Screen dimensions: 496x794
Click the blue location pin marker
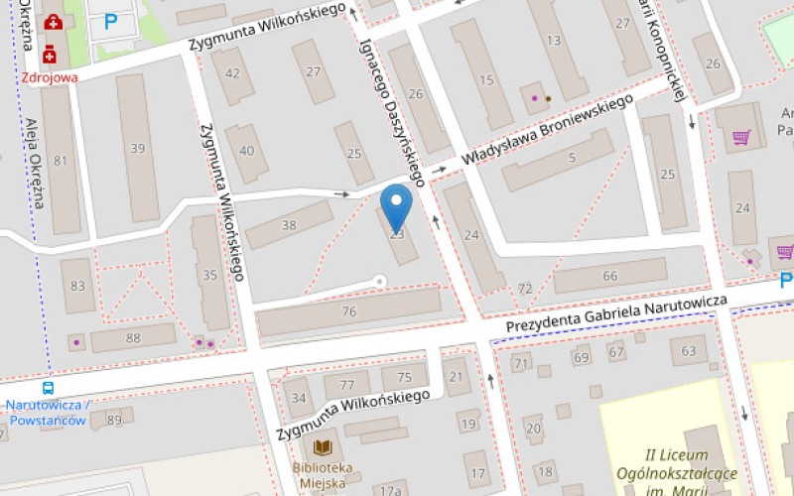pos(397,205)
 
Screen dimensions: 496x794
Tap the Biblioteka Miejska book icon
pos(323,448)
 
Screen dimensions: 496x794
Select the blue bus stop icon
pos(48,388)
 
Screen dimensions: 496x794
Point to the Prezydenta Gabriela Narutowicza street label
pos(616,312)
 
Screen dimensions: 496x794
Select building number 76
pos(348,311)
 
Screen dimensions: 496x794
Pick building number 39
pos(137,149)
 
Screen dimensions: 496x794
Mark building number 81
pos(61,161)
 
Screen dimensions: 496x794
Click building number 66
pos(609,276)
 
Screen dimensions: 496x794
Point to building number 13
pos(553,41)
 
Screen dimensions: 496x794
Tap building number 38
pos(289,225)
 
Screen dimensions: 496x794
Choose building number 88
pos(133,338)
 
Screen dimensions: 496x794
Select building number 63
pos(689,350)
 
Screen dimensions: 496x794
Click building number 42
pos(232,72)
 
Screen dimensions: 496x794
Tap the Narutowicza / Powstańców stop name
pos(48,412)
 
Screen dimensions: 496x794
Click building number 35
pos(209,274)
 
